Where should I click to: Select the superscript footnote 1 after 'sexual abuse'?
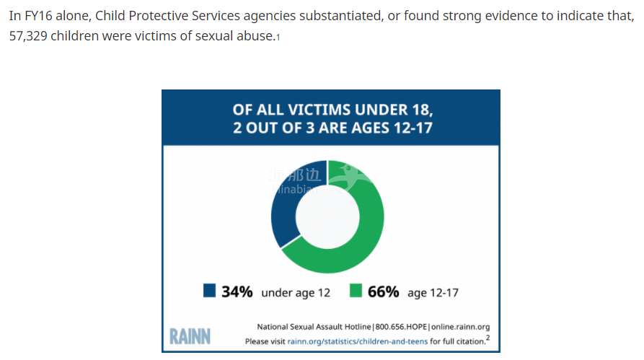(278, 38)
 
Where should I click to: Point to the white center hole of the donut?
(328, 217)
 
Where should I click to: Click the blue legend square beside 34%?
(210, 291)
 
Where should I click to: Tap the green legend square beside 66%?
(356, 291)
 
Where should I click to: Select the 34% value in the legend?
(237, 291)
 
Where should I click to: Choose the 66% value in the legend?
(383, 291)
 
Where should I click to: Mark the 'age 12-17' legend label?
(433, 292)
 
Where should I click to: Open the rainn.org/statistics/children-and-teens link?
(358, 341)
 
